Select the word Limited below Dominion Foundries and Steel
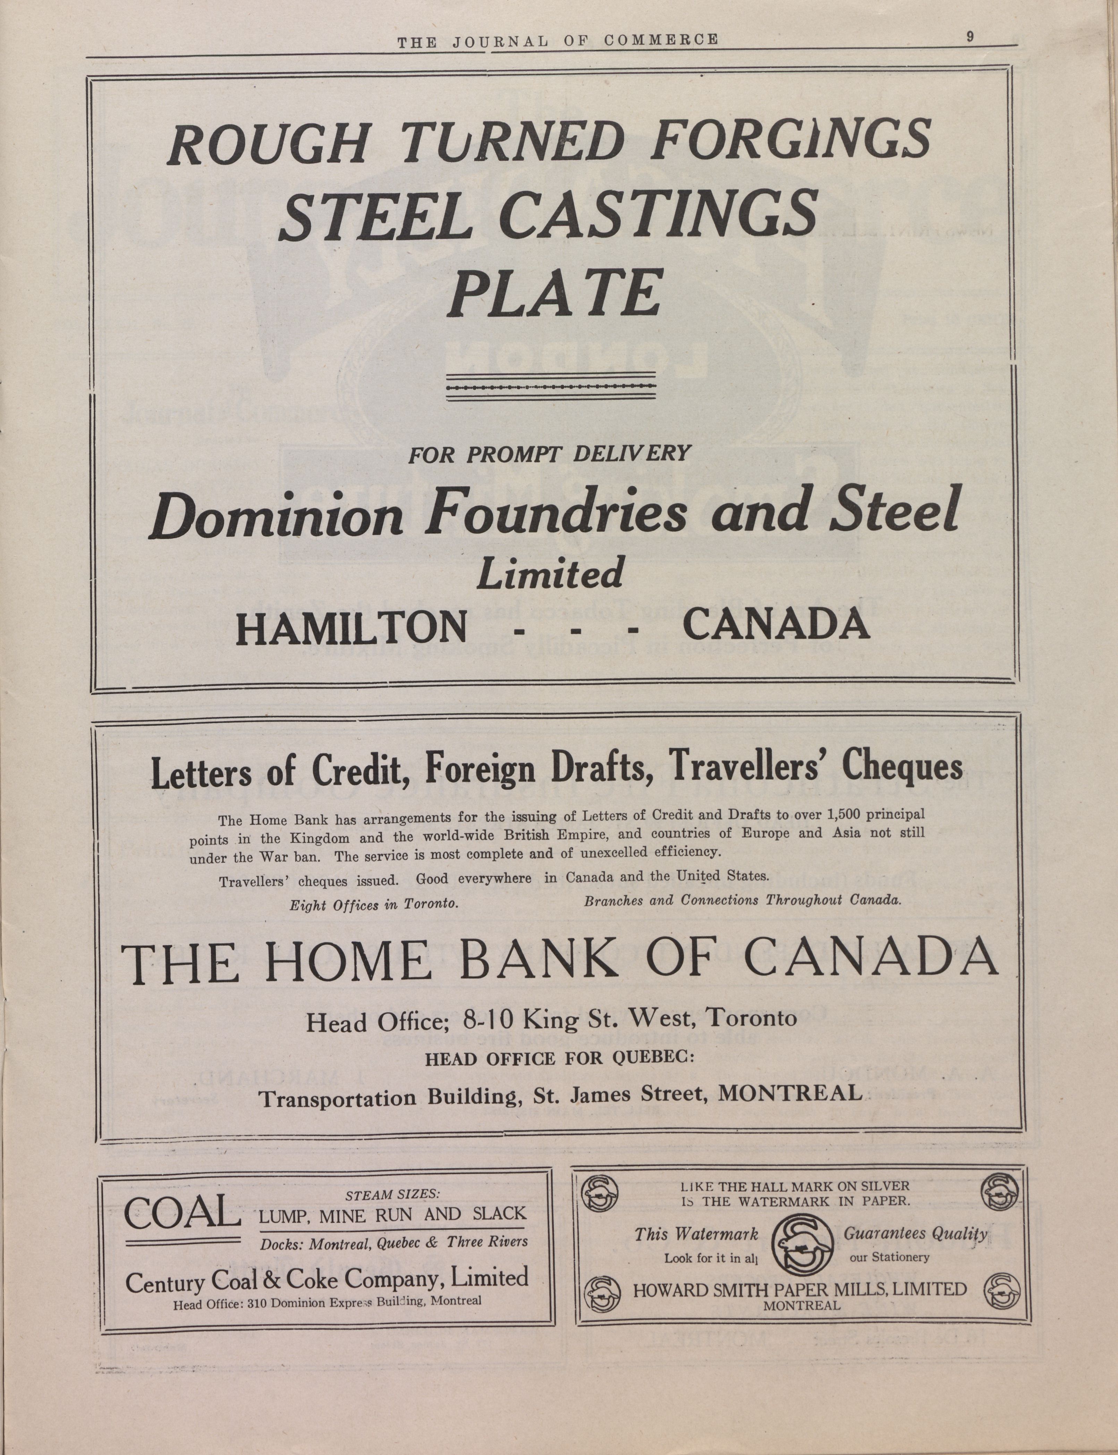pyautogui.click(x=550, y=573)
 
